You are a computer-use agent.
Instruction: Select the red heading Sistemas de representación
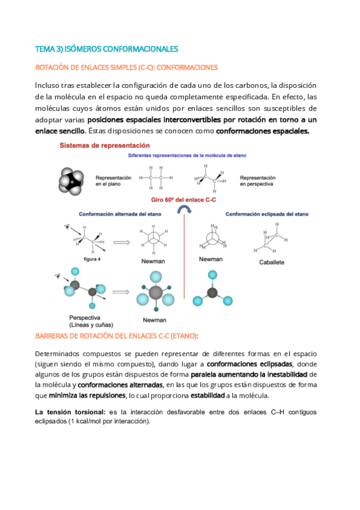tap(105, 146)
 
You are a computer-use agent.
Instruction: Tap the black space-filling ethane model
tap(73, 179)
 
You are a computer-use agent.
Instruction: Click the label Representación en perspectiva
tap(257, 180)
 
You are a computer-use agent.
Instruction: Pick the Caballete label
tap(272, 262)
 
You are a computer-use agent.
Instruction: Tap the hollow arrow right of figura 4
tap(121, 242)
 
